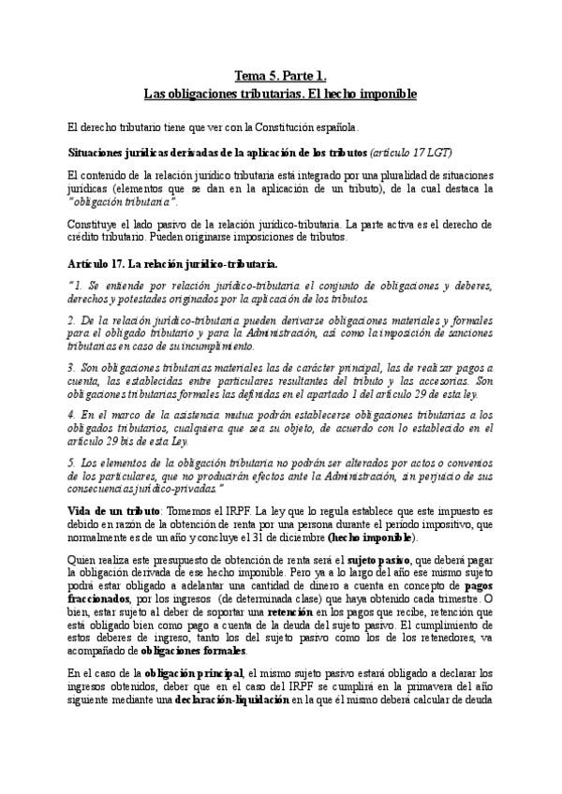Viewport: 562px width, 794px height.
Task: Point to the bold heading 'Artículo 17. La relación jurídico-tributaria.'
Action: [172, 264]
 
